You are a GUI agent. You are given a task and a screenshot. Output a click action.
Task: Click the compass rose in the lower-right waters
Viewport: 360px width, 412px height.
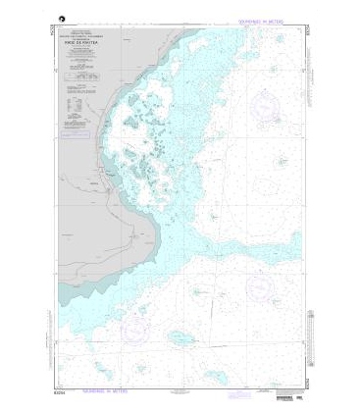(261, 286)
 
